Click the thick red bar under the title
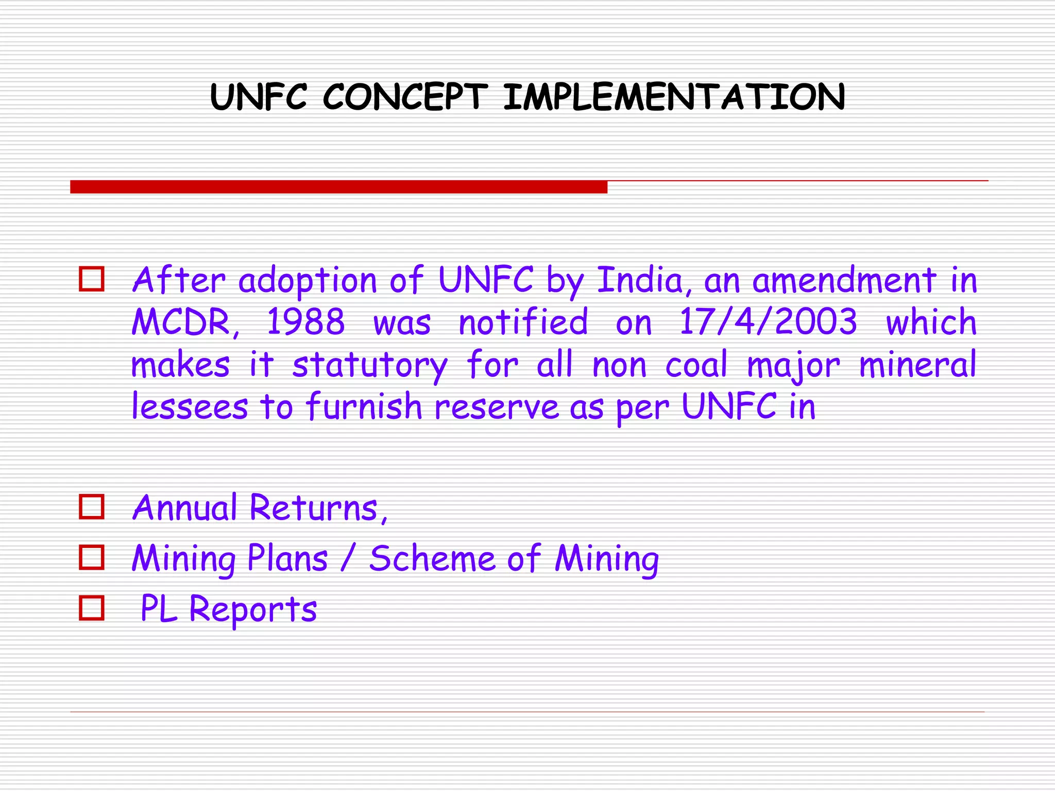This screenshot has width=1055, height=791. coord(338,186)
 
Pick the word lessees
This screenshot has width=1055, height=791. coord(190,406)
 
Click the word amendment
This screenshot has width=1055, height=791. coord(844,281)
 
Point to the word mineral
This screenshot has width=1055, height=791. coord(917,365)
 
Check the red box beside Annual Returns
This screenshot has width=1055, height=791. coord(92,507)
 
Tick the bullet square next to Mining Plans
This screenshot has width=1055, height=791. coord(92,557)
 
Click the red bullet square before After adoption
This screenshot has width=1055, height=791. coord(92,279)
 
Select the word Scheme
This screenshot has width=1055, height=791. coord(432,559)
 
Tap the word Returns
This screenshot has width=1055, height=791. coord(318,508)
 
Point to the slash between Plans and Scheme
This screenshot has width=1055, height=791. coord(349,559)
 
